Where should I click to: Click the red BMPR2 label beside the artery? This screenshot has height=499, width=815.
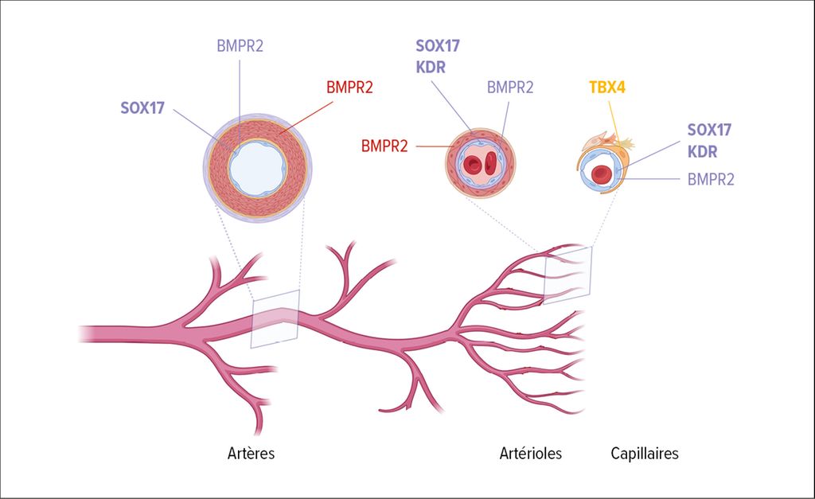[350, 88]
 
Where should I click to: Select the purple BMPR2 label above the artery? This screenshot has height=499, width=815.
[240, 45]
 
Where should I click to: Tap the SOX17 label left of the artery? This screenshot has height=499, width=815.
[142, 108]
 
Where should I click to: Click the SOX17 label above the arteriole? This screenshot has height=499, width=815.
[438, 45]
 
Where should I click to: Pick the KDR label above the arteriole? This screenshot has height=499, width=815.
[431, 68]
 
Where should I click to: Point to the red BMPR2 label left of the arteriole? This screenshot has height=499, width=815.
[384, 146]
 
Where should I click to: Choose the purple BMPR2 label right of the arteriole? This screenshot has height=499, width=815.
[510, 88]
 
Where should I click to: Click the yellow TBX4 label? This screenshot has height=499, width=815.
[607, 87]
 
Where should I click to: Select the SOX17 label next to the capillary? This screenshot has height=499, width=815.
[709, 130]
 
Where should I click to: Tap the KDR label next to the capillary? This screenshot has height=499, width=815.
[702, 152]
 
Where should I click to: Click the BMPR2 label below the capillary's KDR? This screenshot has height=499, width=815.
[711, 179]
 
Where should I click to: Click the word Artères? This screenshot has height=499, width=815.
[251, 454]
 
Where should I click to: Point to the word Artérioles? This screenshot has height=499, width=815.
[531, 454]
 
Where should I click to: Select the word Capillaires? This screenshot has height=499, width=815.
[645, 454]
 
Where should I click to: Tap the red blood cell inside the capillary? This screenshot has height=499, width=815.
[601, 174]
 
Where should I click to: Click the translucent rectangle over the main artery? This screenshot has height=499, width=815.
[275, 318]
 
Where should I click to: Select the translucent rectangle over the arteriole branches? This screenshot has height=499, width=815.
[567, 275]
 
